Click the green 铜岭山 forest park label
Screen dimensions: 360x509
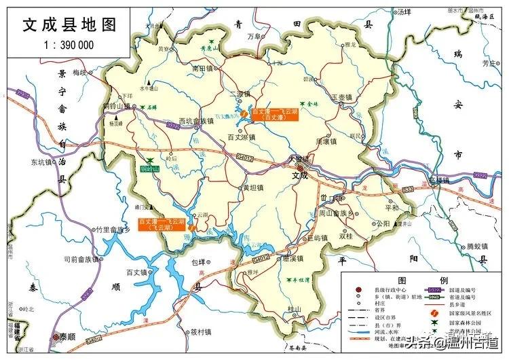[x=149, y=168]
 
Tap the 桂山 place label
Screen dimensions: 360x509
[x=294, y=309]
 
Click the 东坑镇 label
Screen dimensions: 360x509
[x=41, y=162]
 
